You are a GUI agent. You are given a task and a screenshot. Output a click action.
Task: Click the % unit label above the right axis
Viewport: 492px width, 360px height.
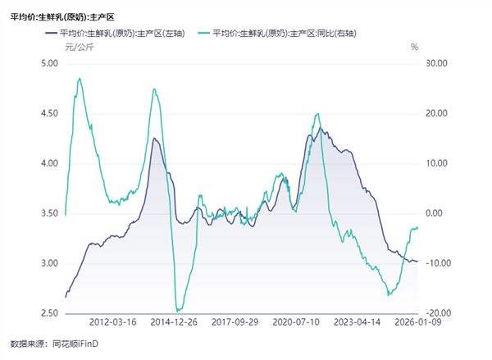(415, 47)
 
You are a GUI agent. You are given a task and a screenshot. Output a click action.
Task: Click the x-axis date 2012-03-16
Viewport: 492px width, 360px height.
(114, 323)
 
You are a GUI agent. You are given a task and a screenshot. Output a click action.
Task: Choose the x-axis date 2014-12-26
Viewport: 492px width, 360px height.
(175, 323)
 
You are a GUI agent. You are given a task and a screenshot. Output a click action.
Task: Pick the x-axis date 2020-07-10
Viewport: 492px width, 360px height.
(295, 323)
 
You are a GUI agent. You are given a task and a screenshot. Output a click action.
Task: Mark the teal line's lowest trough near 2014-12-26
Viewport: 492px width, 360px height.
(176, 311)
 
